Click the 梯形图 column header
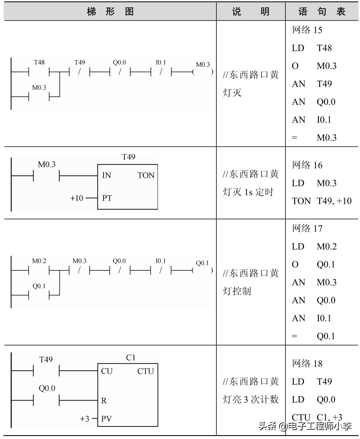pyautogui.click(x=110, y=12)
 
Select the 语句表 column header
pyautogui.click(x=322, y=12)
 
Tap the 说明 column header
pyautogui.click(x=251, y=12)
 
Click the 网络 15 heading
pyautogui.click(x=307, y=30)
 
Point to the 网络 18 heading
pyautogui.click(x=307, y=363)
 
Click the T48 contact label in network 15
pyautogui.click(x=39, y=63)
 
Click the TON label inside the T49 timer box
pyautogui.click(x=146, y=175)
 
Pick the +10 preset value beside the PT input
pyautogui.click(x=77, y=198)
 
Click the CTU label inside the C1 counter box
pyautogui.click(x=145, y=371)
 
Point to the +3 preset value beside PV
pyautogui.click(x=85, y=419)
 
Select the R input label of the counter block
pyautogui.click(x=104, y=401)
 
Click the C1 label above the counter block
pyautogui.click(x=131, y=358)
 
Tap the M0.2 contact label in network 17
pyautogui.click(x=39, y=261)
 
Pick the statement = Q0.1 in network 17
pyautogui.click(x=313, y=336)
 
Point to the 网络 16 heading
pyautogui.click(x=307, y=165)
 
